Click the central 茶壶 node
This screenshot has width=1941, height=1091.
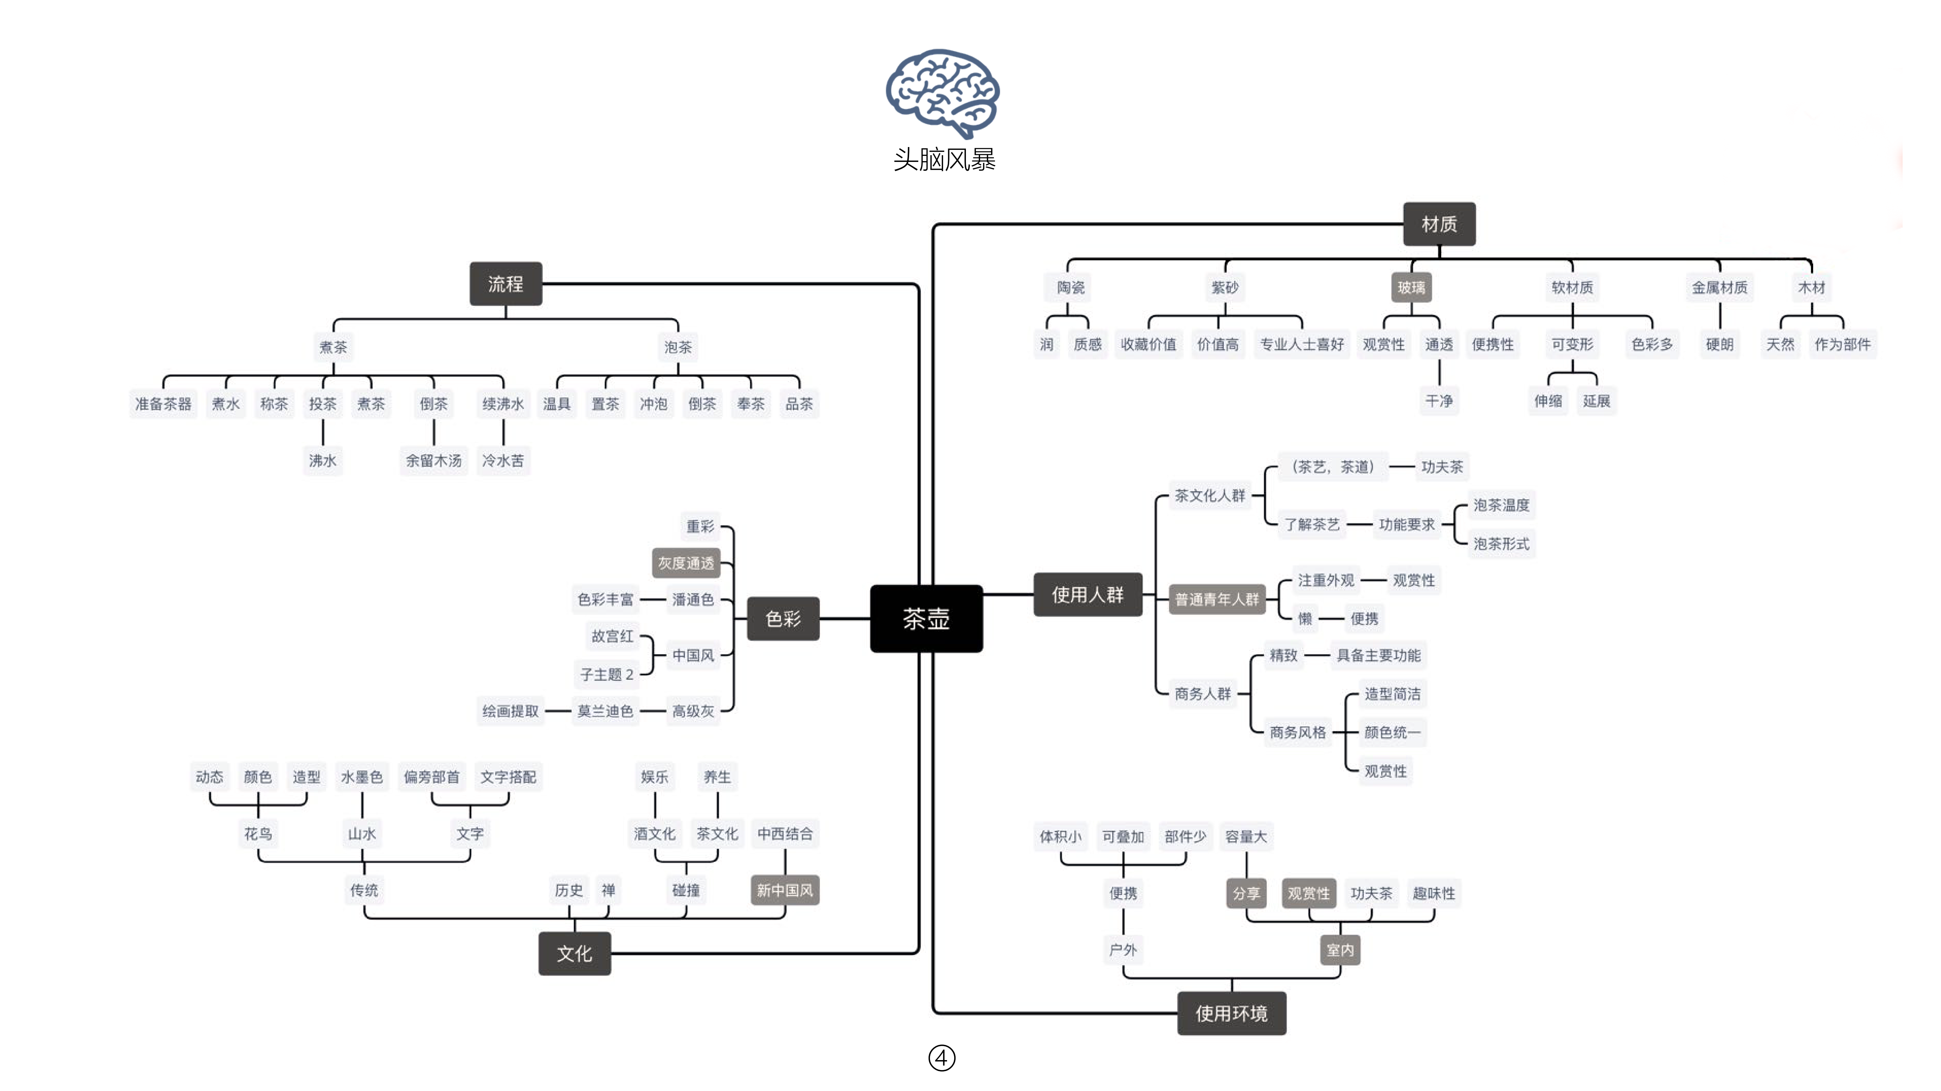(926, 619)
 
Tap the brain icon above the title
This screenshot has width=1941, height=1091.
(943, 92)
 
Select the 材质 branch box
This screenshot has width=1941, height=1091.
(1438, 224)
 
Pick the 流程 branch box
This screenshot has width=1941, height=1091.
(505, 284)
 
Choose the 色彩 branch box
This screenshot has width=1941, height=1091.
(783, 619)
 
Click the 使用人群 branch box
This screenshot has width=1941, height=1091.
(1087, 595)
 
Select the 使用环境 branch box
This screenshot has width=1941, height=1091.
(1231, 1013)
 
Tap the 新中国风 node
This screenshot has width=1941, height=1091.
(784, 890)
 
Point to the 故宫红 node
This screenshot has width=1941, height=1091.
(612, 636)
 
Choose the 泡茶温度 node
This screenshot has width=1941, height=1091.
(1501, 505)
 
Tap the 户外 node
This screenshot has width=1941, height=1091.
(1123, 949)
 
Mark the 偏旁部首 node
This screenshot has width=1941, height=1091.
(431, 777)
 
